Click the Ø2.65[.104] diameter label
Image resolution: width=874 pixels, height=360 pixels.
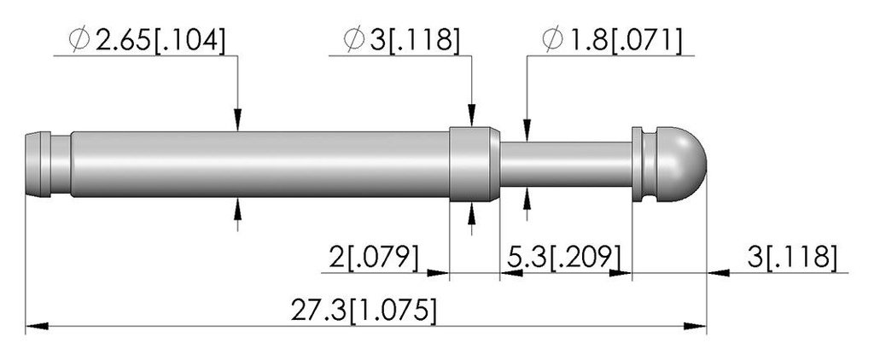pyautogui.click(x=147, y=40)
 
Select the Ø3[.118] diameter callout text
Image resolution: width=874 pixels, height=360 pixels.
pyautogui.click(x=402, y=40)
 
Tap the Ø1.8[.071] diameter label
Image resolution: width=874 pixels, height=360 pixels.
pyautogui.click(x=611, y=40)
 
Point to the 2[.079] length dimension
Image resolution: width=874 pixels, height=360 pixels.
pyautogui.click(x=374, y=257)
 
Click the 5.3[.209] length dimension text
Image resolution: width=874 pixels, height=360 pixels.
pyautogui.click(x=564, y=257)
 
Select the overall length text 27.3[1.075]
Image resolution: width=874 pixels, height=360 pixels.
pyautogui.click(x=364, y=311)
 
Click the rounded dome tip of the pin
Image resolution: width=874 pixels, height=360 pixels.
pyautogui.click(x=682, y=165)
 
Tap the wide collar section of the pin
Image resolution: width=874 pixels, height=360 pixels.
pyautogui.click(x=475, y=165)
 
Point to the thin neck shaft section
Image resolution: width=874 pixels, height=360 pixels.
pyautogui.click(x=566, y=165)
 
